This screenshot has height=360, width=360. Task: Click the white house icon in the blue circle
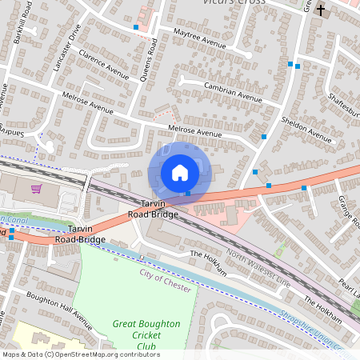[180, 172]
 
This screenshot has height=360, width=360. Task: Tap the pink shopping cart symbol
[36, 189]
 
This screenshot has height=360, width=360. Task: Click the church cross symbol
[321, 10]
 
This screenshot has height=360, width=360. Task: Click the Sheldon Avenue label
[306, 129]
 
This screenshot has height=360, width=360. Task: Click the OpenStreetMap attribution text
[80, 354]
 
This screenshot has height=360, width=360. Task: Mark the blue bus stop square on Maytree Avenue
[136, 27]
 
